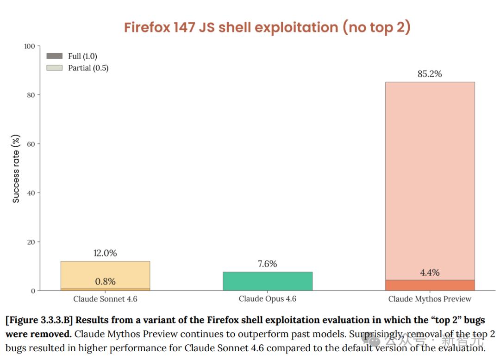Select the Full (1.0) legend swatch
(55, 56)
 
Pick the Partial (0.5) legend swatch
(55, 68)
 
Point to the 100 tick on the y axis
(30, 46)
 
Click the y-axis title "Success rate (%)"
(16, 168)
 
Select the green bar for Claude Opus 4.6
(268, 281)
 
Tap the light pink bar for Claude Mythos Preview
(430, 180)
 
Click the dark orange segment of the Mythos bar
(430, 285)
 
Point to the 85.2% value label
(430, 74)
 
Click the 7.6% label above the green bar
(268, 264)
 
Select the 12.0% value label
(105, 253)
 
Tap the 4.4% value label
(430, 273)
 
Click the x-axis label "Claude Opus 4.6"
(268, 299)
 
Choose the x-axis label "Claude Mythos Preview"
(430, 299)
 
